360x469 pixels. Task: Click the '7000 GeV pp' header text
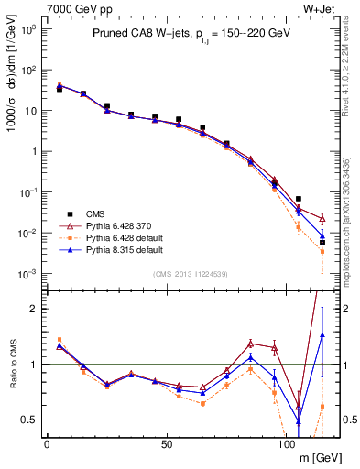click(71, 8)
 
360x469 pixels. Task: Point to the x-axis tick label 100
click(286, 443)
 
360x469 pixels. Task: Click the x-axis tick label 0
click(47, 443)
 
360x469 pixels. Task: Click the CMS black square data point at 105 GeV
click(298, 199)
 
